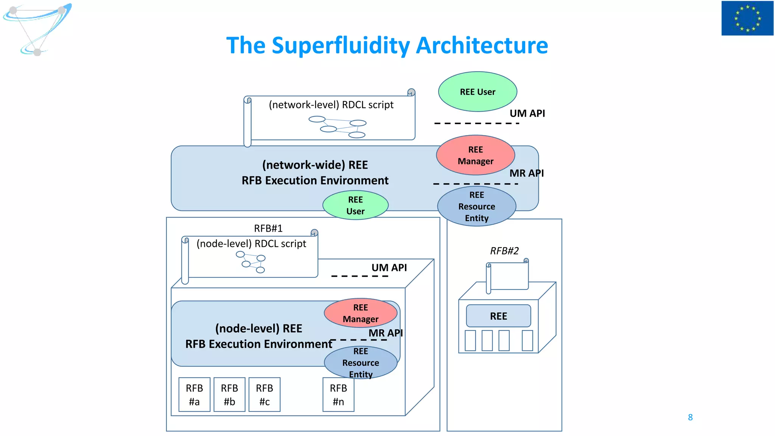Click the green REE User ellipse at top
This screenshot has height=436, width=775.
point(478,92)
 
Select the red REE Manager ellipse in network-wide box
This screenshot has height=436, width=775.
point(475,155)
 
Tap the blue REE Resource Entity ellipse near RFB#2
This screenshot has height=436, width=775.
point(476,206)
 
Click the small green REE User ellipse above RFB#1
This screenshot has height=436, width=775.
point(355,205)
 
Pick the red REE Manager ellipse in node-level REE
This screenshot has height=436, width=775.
point(360,313)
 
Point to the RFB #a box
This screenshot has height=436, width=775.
point(195,394)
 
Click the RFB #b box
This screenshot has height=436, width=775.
point(229,394)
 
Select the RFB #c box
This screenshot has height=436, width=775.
point(265,394)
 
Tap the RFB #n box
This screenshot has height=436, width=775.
point(338,394)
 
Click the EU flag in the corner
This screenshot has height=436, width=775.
point(747,18)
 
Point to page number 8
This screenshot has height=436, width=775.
point(690,417)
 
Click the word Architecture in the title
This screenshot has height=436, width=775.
point(482,45)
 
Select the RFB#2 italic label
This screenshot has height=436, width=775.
point(504,251)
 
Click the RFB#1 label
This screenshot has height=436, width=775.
point(268,228)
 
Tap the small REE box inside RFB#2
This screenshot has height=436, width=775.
point(498,316)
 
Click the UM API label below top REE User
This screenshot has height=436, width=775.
point(527,113)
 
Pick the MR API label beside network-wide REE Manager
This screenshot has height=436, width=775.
point(526,173)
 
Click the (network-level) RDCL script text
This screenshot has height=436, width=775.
point(331,105)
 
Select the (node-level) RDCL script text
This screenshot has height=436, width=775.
point(251,244)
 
